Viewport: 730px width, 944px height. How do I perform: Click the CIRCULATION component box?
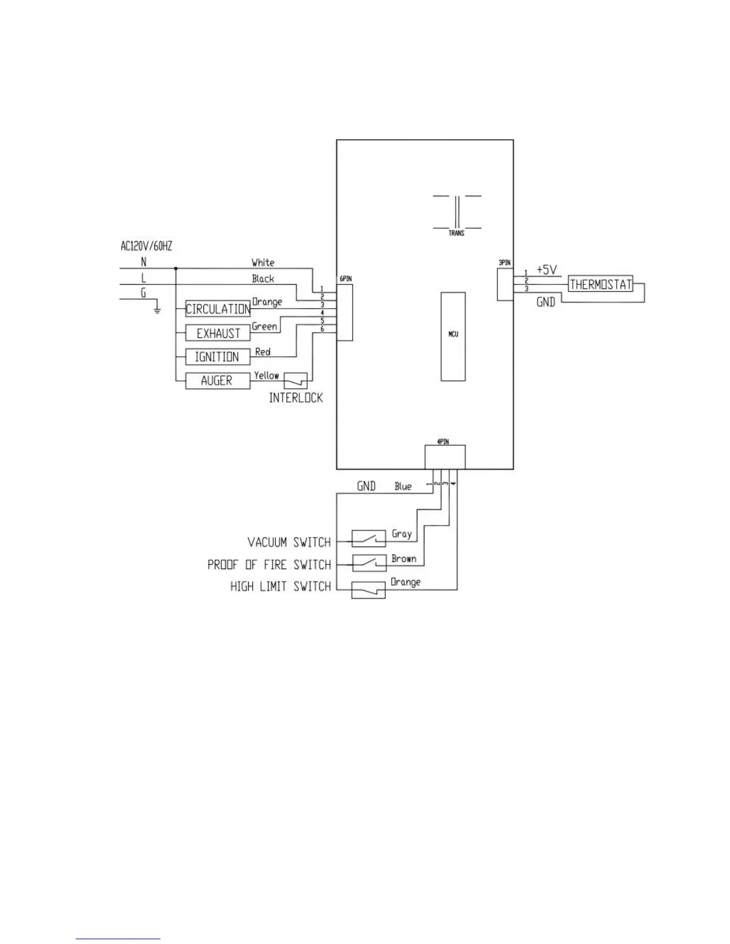[218, 309]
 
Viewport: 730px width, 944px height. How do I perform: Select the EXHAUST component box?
[218, 333]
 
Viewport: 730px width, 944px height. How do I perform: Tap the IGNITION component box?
[218, 357]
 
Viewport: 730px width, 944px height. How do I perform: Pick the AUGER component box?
[218, 381]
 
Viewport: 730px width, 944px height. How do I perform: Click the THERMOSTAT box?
[600, 284]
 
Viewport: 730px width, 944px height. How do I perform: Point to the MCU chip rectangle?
[453, 336]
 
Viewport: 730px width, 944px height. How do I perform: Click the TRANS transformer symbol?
[457, 212]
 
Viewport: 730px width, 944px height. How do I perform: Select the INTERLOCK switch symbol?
[296, 380]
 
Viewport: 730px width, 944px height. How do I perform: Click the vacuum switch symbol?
[369, 539]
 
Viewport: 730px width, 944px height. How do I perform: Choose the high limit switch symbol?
[369, 589]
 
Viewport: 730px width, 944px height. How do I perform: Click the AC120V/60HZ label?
[147, 246]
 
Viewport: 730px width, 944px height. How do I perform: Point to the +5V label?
[546, 270]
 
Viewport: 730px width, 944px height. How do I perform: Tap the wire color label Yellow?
[266, 375]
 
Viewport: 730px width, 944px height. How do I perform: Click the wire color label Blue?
[403, 486]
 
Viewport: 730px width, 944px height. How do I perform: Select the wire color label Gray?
[401, 534]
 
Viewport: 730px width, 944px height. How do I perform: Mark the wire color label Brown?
[404, 558]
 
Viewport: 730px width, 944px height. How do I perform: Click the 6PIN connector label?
[345, 278]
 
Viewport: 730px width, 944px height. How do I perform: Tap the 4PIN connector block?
[445, 458]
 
